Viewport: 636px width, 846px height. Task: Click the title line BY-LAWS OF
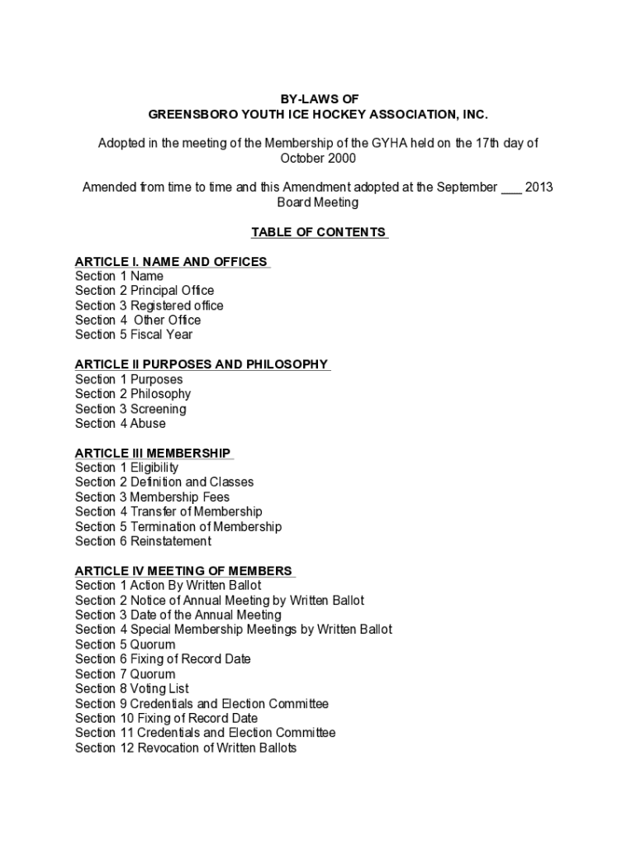coord(318,98)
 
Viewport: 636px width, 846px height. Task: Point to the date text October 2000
coord(318,158)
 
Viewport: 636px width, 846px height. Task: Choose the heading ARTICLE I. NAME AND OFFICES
coord(171,262)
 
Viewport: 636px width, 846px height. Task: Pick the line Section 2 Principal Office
coord(145,291)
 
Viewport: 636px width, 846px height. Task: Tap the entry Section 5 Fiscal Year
coord(134,335)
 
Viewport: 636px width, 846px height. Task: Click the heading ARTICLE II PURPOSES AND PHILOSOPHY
coord(202,364)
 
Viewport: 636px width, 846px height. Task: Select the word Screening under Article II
coord(158,409)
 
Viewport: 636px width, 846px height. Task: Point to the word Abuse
coord(148,424)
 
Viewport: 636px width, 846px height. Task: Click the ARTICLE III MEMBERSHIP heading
coord(153,453)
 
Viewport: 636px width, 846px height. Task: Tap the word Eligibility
coord(154,468)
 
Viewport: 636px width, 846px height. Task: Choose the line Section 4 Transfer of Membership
coord(168,512)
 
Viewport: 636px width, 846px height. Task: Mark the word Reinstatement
coord(170,542)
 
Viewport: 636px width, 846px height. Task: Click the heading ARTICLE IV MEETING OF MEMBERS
coord(183,571)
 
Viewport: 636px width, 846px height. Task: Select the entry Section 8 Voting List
coord(132,689)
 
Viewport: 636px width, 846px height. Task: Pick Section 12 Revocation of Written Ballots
coord(186,749)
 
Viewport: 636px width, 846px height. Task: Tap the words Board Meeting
coord(318,202)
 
